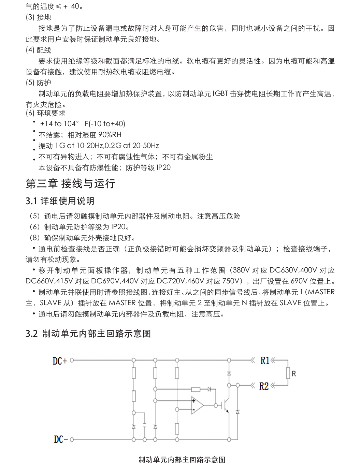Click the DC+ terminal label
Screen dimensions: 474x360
[x=60, y=361]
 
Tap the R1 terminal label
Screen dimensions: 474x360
[x=265, y=360]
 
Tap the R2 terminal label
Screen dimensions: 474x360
[x=264, y=386]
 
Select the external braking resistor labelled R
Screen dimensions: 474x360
[x=288, y=373]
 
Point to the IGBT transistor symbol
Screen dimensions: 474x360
[x=226, y=405]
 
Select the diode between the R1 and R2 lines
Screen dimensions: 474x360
[x=229, y=373]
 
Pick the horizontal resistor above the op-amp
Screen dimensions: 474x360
[x=196, y=389]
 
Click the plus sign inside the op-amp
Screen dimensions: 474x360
[x=193, y=401]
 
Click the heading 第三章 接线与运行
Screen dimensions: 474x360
[x=71, y=183]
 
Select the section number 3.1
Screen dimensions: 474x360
[x=31, y=201]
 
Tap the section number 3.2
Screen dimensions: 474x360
[x=31, y=334]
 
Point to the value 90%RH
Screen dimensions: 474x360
[x=110, y=135]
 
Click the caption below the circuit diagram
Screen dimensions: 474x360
[x=182, y=460]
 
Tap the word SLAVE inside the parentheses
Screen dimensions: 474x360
[x=51, y=303]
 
